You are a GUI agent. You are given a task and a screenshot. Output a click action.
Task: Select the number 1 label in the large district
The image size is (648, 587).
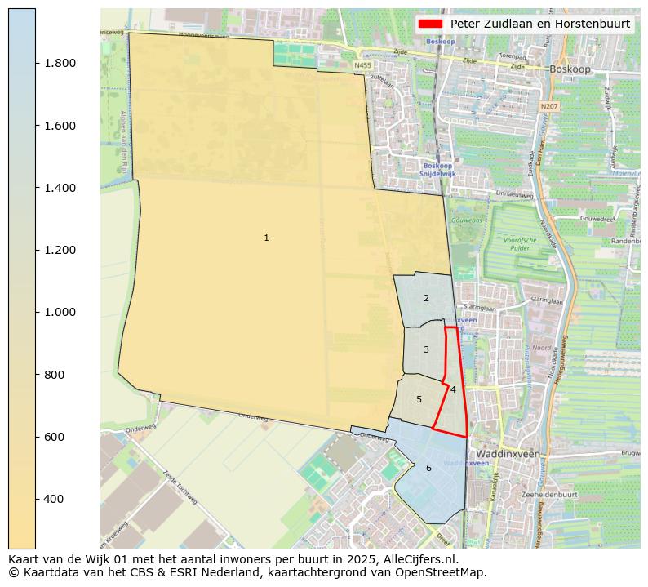266,238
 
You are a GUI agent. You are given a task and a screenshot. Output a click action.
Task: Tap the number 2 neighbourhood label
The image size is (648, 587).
426,299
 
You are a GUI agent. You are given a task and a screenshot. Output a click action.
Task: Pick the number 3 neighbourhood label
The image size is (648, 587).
426,349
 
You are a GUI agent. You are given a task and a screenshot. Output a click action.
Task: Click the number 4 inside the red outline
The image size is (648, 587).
453,389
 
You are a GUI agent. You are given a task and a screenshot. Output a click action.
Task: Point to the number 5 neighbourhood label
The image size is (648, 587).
419,399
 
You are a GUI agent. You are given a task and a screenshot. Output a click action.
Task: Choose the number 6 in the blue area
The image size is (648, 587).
428,468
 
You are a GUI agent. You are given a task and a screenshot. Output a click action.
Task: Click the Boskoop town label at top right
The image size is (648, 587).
570,69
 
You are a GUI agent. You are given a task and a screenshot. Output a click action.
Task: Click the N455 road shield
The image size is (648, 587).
363,64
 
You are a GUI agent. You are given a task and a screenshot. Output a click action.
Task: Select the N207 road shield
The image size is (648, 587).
549,106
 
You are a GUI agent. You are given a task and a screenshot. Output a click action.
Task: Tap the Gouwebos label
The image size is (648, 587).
466,220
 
